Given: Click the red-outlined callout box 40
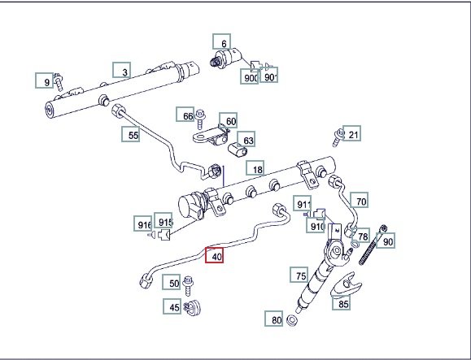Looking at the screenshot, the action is tap(214, 255).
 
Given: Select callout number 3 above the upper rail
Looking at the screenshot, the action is tap(122, 70).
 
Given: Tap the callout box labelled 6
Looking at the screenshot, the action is tap(222, 41).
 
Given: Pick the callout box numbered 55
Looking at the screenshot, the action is tap(131, 134).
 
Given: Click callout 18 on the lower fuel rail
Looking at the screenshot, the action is tap(255, 168).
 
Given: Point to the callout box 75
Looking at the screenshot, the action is tap(299, 275).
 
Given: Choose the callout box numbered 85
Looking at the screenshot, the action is tap(341, 302).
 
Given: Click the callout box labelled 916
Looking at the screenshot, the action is tap(142, 223).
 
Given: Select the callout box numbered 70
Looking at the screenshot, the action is tap(360, 201).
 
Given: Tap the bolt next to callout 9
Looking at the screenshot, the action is tap(59, 82).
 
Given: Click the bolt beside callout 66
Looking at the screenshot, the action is tap(199, 119).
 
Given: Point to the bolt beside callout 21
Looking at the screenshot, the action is tap(338, 137).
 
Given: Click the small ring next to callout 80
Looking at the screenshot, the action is tap(291, 320).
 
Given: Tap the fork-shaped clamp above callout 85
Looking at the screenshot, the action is tap(346, 284).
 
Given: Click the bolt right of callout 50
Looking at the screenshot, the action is tap(188, 285).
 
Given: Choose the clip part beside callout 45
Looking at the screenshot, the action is tap(193, 307).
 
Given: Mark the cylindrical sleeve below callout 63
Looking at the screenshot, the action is tap(238, 150).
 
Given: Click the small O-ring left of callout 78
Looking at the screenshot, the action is tap(355, 244).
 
